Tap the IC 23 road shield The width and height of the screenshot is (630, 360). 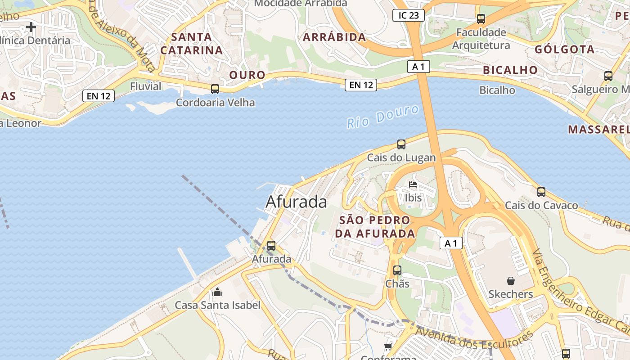[408, 15]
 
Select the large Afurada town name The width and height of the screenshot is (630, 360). [296, 202]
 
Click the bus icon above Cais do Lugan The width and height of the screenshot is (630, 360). [401, 144]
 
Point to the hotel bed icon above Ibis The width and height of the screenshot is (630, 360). [413, 184]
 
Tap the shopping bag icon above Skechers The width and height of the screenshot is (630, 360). [511, 281]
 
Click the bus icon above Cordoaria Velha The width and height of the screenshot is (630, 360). [215, 89]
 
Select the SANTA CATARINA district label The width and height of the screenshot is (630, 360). [192, 44]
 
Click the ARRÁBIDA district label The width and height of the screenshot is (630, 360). [334, 37]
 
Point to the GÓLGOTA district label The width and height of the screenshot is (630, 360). [564, 49]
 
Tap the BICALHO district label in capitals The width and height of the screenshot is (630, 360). [510, 70]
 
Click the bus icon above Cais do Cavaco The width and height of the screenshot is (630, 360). [541, 192]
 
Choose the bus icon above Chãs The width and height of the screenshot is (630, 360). [397, 270]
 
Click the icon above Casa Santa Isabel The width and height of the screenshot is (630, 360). [217, 292]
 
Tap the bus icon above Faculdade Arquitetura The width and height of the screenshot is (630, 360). [481, 19]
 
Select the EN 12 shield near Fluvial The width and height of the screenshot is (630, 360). [99, 95]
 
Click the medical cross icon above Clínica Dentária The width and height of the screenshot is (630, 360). [31, 27]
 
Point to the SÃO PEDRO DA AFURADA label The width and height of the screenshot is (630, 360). [375, 227]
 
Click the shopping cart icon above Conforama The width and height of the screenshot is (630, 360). [388, 346]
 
